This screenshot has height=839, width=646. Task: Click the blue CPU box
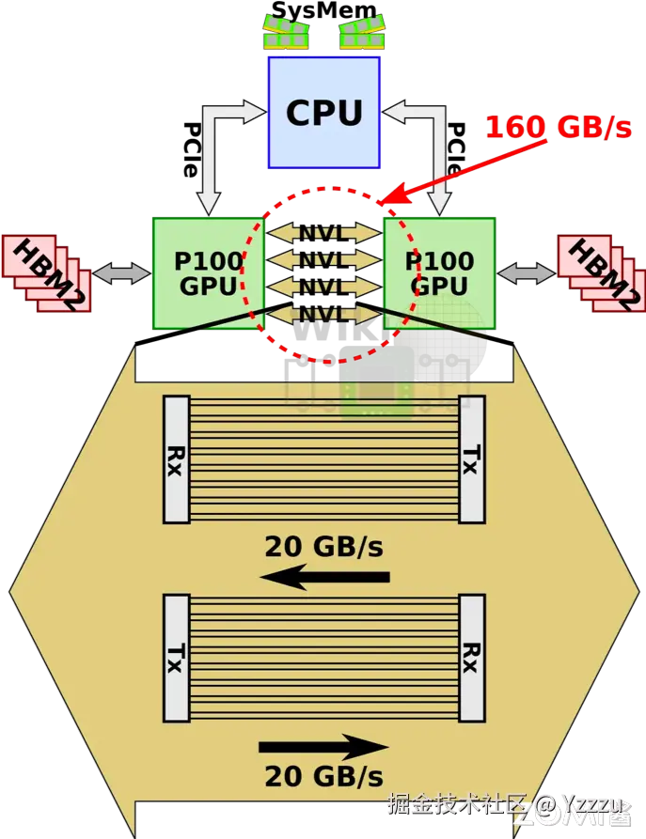pos(323,113)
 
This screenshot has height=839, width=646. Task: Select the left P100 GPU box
pos(207,272)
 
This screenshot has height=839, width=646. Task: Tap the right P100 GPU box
pos(440,272)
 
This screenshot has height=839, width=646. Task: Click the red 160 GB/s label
pos(558,127)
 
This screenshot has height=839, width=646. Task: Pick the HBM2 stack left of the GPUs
pos(47,273)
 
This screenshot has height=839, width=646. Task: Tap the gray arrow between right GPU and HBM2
pos(527,273)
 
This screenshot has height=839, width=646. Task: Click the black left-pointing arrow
pos(323,576)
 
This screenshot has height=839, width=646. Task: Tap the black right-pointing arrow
pos(323,748)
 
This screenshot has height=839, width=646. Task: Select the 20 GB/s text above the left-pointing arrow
pos(323,546)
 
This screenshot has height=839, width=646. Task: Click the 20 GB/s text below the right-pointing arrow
pos(323,777)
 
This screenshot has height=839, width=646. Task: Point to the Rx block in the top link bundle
pos(176,459)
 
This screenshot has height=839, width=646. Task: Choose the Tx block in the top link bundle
pos(472,459)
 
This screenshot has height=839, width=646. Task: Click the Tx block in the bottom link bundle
pos(176,657)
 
